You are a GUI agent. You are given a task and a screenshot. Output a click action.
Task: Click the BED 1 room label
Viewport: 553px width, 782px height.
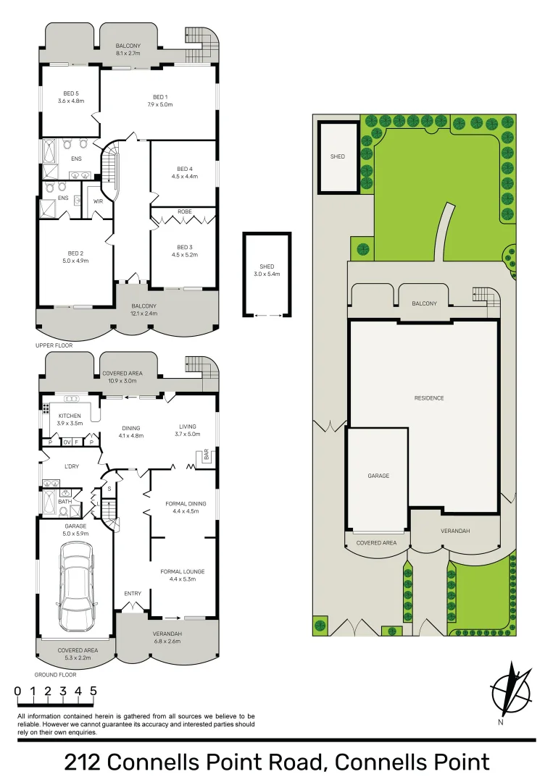tap(160, 97)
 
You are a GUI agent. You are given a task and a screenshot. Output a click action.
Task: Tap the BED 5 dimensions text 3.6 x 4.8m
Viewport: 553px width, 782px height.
tap(71, 101)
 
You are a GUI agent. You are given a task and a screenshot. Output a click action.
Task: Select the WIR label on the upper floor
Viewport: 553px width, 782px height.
tap(98, 201)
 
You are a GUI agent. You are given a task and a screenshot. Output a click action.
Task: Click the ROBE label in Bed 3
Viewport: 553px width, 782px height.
tap(184, 211)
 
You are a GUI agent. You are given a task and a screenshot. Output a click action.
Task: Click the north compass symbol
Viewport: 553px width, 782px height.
tap(510, 690)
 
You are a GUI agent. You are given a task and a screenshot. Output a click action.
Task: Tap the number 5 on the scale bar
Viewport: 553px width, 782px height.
tap(93, 691)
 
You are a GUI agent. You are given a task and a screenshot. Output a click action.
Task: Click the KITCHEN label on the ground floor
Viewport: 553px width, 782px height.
tap(70, 416)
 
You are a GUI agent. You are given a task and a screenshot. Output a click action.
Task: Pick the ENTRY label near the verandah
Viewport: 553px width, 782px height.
tap(133, 594)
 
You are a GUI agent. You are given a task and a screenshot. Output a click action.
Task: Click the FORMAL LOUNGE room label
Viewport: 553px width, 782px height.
tap(182, 571)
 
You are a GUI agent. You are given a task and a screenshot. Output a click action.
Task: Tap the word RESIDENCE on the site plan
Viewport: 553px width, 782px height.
tap(429, 398)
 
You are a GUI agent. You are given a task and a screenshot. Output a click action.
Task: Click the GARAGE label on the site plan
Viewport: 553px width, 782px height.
tap(378, 476)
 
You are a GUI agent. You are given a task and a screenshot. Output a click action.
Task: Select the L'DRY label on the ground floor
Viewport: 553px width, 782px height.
tap(71, 466)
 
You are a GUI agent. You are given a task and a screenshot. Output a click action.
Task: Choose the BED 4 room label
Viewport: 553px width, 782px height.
tap(184, 169)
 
